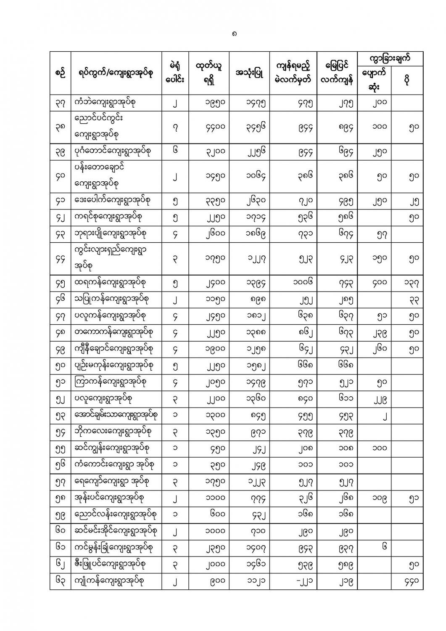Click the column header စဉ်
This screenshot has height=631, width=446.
pos(60,73)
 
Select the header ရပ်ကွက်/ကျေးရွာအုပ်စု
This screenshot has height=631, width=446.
pos(116,73)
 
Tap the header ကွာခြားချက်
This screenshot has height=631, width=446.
pos(390,58)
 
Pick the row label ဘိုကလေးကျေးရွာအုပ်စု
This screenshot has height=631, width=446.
pos(112,431)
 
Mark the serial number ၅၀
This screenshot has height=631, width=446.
pos(60,365)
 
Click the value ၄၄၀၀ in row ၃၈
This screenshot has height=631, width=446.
pos(208,127)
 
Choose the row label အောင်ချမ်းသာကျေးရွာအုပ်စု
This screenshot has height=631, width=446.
pos(116,415)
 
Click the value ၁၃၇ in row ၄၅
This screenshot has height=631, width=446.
pos(413,283)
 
